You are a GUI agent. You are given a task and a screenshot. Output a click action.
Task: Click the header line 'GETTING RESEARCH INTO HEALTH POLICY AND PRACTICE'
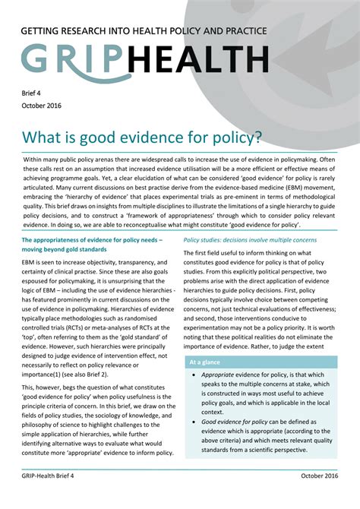(x=144, y=31)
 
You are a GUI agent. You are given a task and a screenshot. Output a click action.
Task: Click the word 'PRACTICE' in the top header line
(x=240, y=31)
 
